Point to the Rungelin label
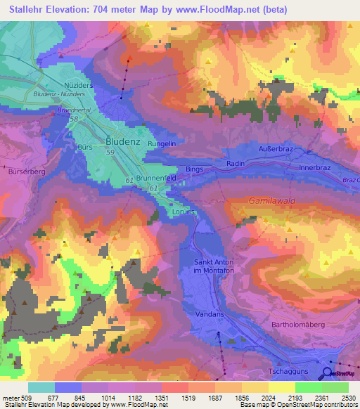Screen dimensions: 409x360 (x=162, y=143)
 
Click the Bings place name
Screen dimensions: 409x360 (x=194, y=169)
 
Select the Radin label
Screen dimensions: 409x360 (x=235, y=164)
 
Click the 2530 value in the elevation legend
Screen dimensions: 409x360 (x=347, y=398)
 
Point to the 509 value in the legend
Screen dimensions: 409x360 (x=26, y=398)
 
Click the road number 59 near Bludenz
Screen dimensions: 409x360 (x=109, y=152)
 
